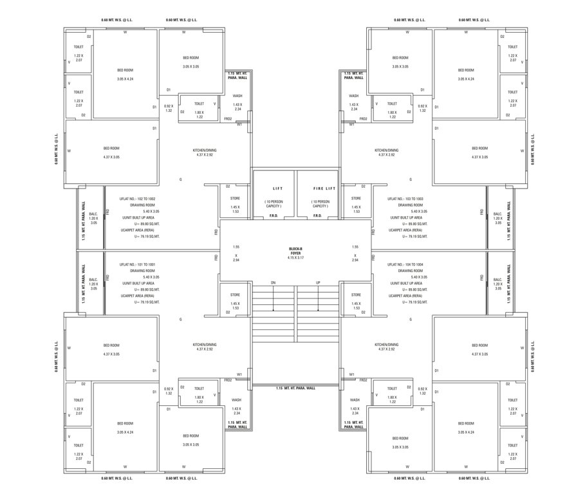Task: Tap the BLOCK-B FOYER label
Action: pos(296,251)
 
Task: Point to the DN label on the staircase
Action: pos(273,283)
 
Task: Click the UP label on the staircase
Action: pos(318,283)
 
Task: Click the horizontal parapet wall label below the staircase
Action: pos(295,389)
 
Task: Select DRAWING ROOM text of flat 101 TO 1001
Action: pos(142,271)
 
